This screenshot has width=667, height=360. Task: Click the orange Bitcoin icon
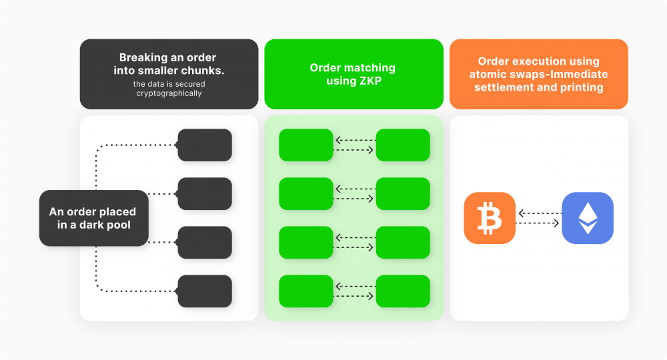pyautogui.click(x=490, y=217)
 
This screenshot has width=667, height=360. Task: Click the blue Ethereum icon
pyautogui.click(x=587, y=217)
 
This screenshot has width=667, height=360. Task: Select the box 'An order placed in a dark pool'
pyautogui.click(x=93, y=218)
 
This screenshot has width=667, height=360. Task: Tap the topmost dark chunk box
pyautogui.click(x=205, y=145)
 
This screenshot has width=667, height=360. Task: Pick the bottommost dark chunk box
pyautogui.click(x=205, y=291)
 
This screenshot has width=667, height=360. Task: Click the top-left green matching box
pyautogui.click(x=305, y=145)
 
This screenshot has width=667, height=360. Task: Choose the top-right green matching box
pyautogui.click(x=403, y=145)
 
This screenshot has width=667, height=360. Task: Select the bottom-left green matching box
pyautogui.click(x=305, y=291)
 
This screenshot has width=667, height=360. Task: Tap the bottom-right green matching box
pyautogui.click(x=403, y=291)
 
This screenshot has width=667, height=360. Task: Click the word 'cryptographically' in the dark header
pyautogui.click(x=169, y=93)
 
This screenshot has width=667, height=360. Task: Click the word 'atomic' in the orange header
pyautogui.click(x=488, y=74)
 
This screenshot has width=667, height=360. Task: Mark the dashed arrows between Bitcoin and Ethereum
pyautogui.click(x=538, y=218)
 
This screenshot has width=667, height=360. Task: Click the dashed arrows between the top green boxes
pyautogui.click(x=354, y=145)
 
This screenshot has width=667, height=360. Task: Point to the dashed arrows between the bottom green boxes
pyautogui.click(x=354, y=291)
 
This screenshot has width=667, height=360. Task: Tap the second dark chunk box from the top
pyautogui.click(x=205, y=193)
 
